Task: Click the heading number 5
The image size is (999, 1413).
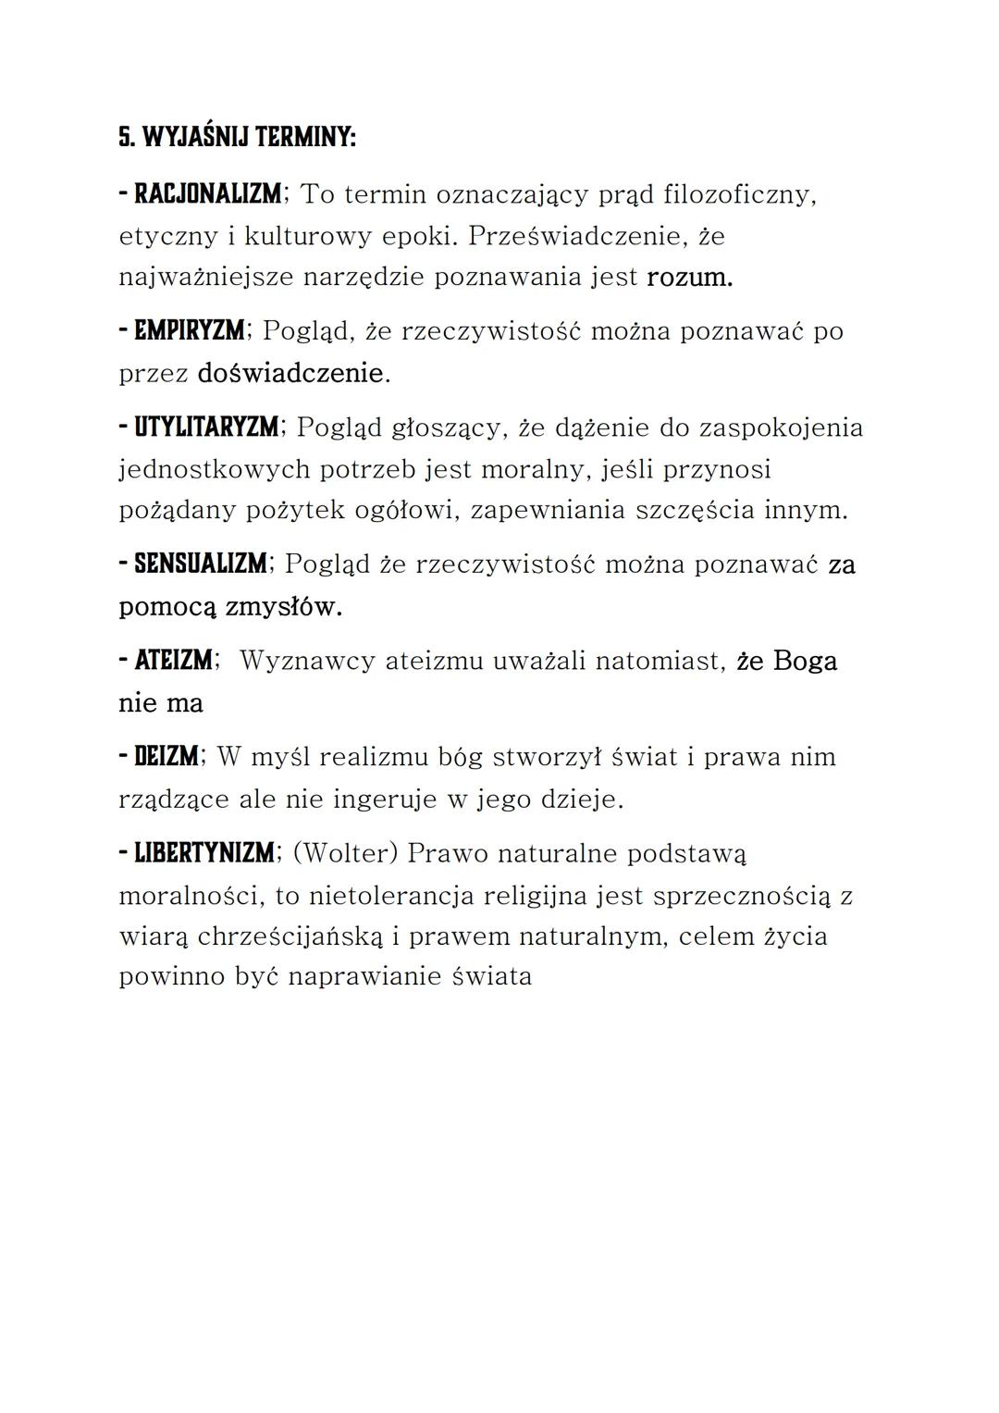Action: tap(124, 138)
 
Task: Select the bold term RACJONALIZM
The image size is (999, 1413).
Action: tap(208, 194)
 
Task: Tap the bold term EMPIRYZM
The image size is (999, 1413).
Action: tap(190, 330)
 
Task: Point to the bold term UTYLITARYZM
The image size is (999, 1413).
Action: tap(206, 428)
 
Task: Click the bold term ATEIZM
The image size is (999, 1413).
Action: tap(173, 661)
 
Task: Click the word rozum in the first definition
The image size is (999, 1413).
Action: tap(689, 277)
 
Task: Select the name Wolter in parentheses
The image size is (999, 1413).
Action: tap(345, 853)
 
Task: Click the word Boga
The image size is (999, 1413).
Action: tap(805, 661)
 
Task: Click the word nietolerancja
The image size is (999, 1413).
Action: tap(388, 895)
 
